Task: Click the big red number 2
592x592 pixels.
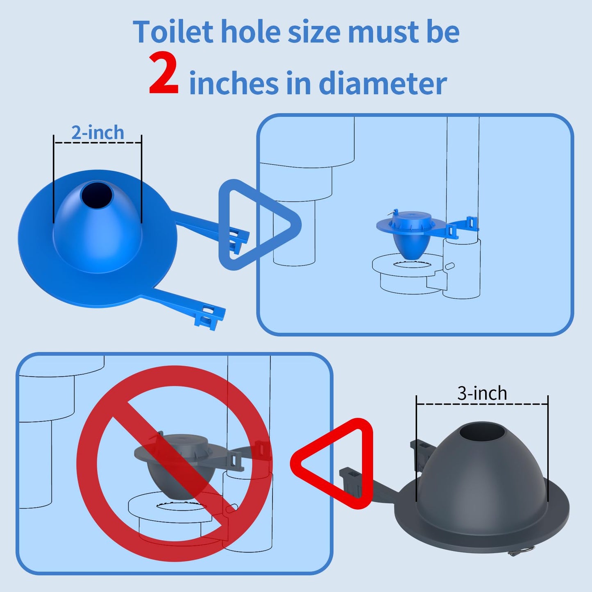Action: [x=163, y=74]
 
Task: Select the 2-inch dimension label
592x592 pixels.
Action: [x=98, y=133]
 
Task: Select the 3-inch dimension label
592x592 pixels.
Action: [x=482, y=393]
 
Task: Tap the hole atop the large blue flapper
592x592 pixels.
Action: [x=96, y=194]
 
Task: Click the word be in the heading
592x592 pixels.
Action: [x=443, y=32]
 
